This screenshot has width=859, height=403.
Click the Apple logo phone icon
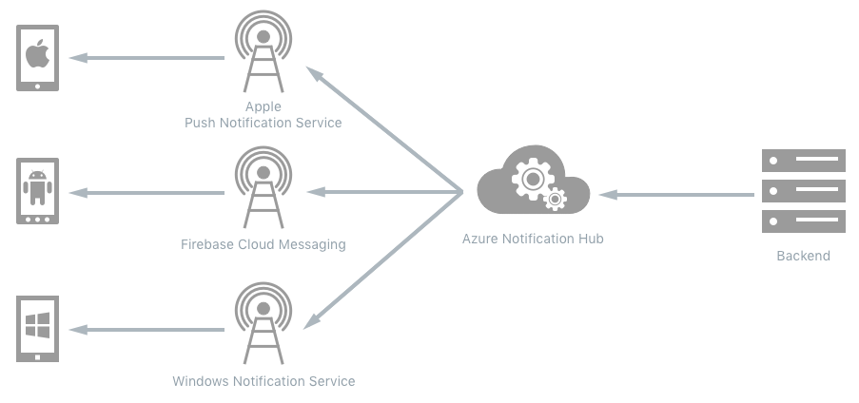pyautogui.click(x=37, y=57)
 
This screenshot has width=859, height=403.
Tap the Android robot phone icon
pyautogui.click(x=37, y=191)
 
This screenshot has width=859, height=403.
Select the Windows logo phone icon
pyautogui.click(x=37, y=329)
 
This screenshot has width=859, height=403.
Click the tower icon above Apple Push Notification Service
pyautogui.click(x=264, y=55)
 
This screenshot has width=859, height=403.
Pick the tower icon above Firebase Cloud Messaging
pyautogui.click(x=264, y=189)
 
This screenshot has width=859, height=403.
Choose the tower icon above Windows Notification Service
pyautogui.click(x=264, y=326)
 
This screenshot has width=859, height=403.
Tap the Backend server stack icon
pyautogui.click(x=804, y=191)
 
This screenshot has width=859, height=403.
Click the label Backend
pyautogui.click(x=804, y=256)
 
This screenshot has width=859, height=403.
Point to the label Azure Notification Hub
pyautogui.click(x=533, y=239)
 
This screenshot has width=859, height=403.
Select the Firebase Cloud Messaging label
pyautogui.click(x=264, y=244)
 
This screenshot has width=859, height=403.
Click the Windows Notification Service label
pyautogui.click(x=264, y=381)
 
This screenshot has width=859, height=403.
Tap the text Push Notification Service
pyautogui.click(x=264, y=123)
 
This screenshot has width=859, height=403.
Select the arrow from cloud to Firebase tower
pyautogui.click(x=385, y=193)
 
